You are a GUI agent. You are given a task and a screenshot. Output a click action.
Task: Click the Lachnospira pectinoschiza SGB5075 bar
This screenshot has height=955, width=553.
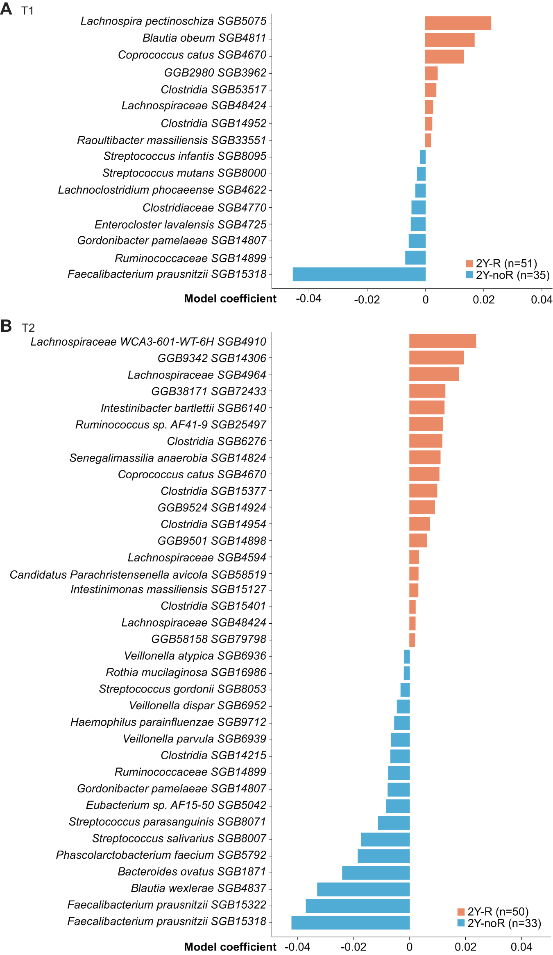(x=458, y=23)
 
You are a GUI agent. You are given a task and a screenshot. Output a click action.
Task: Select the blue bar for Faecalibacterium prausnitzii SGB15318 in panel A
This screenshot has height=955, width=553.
(x=359, y=274)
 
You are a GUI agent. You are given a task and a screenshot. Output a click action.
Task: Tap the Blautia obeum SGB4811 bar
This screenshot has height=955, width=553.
(x=449, y=40)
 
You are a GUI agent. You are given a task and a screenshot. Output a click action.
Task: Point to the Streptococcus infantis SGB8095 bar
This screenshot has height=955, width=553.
(x=423, y=157)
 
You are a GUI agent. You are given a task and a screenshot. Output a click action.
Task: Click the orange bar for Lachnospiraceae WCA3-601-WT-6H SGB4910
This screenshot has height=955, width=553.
(x=442, y=341)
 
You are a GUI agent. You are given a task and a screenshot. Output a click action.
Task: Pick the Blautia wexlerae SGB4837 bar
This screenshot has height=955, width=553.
(x=363, y=889)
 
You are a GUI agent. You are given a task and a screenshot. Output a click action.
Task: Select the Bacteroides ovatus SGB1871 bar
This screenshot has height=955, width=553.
(x=376, y=872)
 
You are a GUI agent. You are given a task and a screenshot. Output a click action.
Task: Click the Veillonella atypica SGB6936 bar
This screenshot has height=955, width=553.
(x=407, y=656)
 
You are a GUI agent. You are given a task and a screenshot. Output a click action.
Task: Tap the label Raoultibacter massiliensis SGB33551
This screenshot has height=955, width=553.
(x=172, y=140)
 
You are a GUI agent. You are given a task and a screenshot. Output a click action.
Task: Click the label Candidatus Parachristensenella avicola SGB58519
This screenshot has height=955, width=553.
(x=138, y=575)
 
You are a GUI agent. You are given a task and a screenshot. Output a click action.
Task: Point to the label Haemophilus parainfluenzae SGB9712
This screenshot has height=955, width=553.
(x=168, y=722)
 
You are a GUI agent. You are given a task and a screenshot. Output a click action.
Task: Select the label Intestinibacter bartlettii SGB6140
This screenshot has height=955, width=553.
(x=184, y=408)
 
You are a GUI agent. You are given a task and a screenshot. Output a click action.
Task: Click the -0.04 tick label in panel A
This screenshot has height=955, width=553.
(x=308, y=299)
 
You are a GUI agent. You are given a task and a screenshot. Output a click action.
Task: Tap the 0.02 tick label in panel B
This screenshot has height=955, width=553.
(x=465, y=946)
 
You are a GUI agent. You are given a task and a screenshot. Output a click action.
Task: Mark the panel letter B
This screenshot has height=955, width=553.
(x=6, y=326)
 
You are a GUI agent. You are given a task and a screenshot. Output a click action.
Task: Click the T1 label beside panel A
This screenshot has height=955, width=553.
(x=27, y=11)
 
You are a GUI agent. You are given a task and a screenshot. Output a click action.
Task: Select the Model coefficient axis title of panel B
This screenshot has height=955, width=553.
(x=230, y=946)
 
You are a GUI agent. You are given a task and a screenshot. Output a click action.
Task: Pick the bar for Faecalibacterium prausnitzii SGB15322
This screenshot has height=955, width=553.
(x=358, y=906)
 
